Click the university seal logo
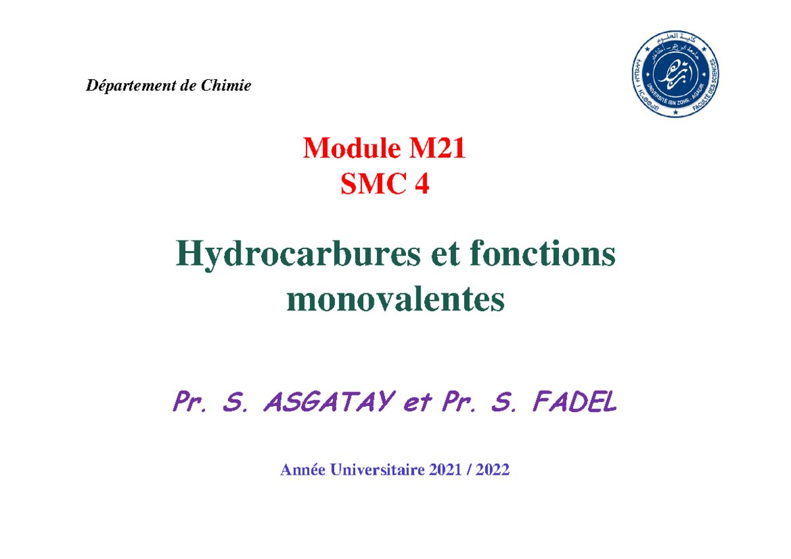coord(673,75)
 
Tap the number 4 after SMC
coord(421,187)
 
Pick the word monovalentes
coord(395,300)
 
